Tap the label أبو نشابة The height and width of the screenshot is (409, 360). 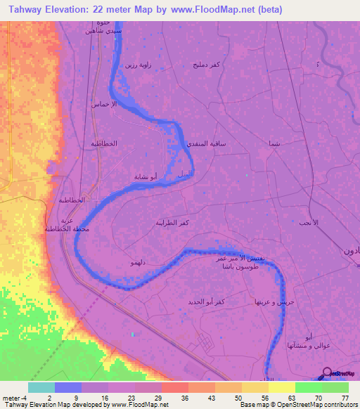click(145, 176)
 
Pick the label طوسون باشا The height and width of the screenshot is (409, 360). click(220, 268)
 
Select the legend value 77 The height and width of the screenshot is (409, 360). click(345, 397)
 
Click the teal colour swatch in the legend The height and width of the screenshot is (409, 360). click(41, 387)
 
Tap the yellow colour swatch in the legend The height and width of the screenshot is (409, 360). click(281, 387)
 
